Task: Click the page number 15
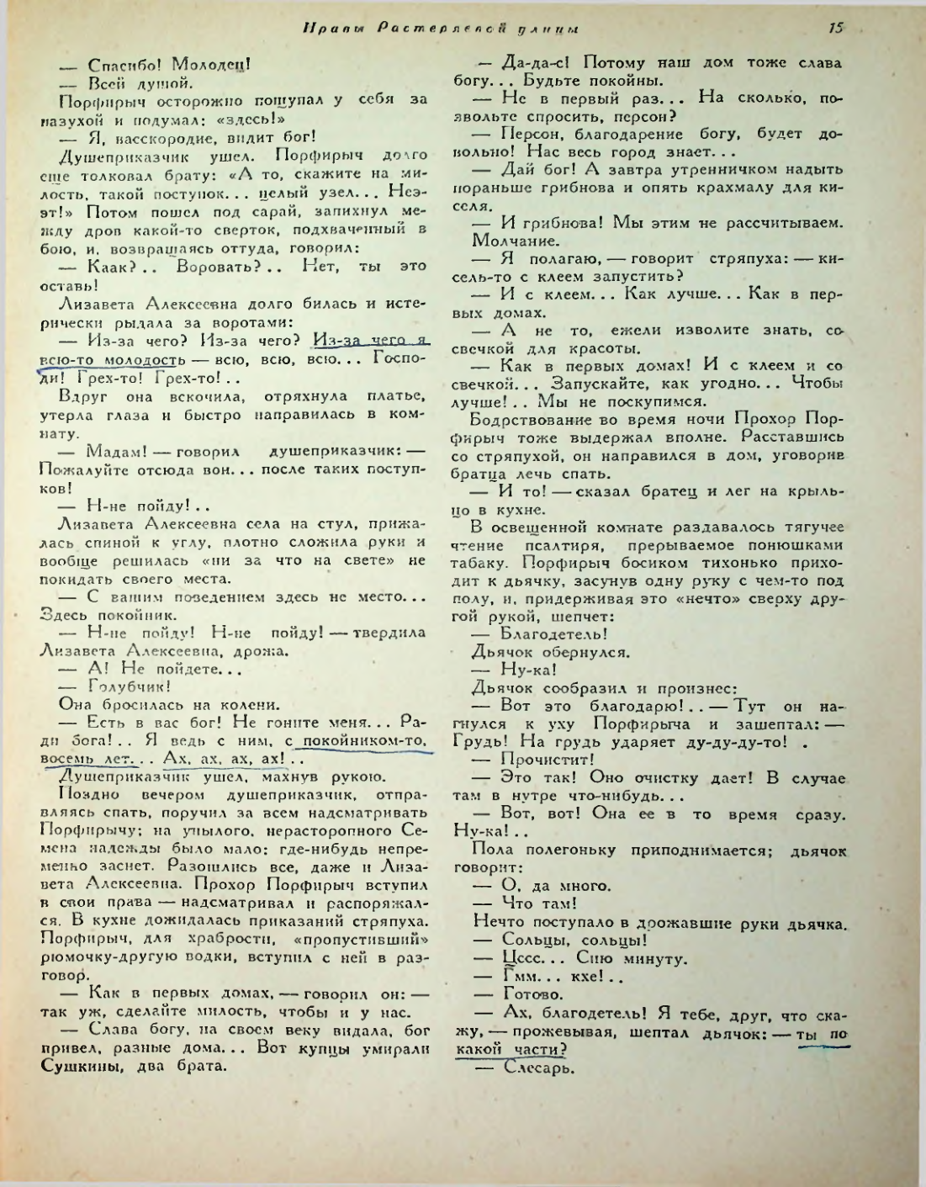835,28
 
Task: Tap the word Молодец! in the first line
211,65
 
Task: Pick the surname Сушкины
76,1067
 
